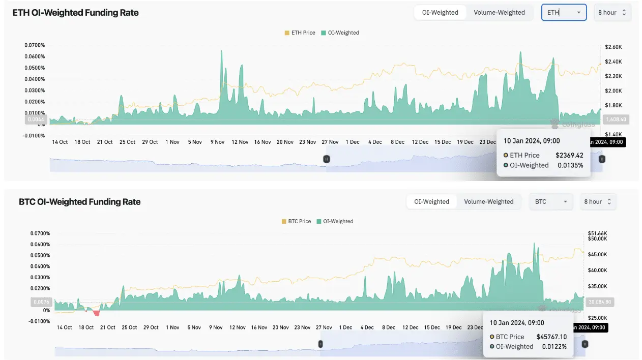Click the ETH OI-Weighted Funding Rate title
coord(75,13)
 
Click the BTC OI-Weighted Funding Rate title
coord(79,202)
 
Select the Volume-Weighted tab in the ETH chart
coord(499,13)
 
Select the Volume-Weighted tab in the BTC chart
coord(489,202)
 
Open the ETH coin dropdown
coord(564,13)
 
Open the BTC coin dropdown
coord(550,202)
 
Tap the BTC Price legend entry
coord(296,221)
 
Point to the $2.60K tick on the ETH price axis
coord(614,47)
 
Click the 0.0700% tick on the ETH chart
coord(35,45)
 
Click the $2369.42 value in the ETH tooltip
coord(569,155)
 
